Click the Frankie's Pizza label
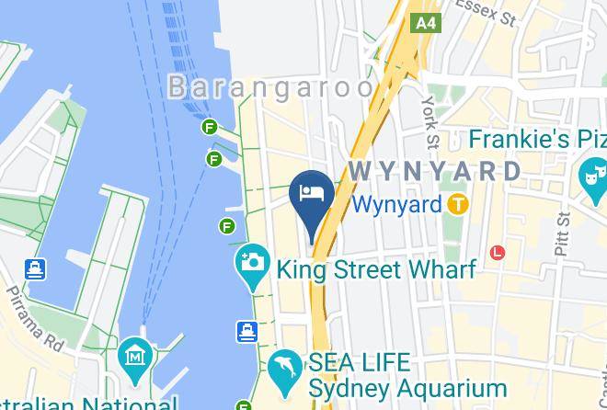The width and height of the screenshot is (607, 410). pos(538,140)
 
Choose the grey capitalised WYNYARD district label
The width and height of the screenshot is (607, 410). pos(435,171)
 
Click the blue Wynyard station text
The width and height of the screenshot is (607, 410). pos(397,203)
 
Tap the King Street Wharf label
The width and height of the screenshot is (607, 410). pos(376,270)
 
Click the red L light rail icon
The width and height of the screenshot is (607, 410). pos(498,251)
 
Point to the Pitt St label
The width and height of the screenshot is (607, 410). pos(562,231)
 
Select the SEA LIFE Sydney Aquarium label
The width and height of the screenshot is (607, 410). pos(407,375)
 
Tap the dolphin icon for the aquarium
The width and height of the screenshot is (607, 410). pos(282,370)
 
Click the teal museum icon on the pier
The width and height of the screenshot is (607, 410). pos(134,355)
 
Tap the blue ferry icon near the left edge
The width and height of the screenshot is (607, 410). pos(35,269)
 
